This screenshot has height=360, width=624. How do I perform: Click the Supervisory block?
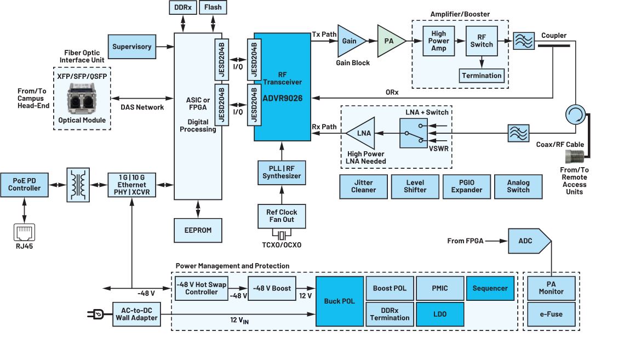pos(131,47)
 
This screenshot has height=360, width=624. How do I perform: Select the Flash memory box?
pos(213,8)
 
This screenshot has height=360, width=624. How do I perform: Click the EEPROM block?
pos(198,230)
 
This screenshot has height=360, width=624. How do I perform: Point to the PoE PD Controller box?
pos(24,184)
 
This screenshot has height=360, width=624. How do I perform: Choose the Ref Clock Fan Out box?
pos(281,216)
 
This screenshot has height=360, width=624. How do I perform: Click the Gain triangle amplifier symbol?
pos(350,41)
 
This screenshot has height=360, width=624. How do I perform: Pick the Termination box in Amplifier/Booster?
pos(482,76)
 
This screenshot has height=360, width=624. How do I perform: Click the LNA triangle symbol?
pos(361,133)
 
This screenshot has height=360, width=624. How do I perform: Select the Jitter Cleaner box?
pos(363,186)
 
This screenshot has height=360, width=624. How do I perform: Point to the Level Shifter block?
pos(415,186)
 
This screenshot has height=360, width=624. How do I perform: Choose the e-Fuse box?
pos(551,315)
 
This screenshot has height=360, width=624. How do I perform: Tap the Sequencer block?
pos(490,288)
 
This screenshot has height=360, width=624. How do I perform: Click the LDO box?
pos(439,314)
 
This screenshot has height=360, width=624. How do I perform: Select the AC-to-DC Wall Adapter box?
pos(137,314)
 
